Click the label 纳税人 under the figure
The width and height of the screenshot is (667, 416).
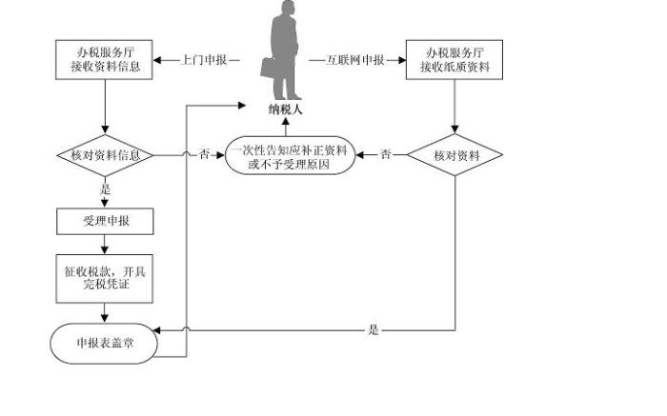[286, 110]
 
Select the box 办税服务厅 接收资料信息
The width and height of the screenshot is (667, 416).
[104, 59]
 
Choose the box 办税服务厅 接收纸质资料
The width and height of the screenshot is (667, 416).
[454, 59]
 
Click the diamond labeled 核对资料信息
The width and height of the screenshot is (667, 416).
[104, 154]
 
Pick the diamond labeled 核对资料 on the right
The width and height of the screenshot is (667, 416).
[455, 154]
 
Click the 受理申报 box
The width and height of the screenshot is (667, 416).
[104, 222]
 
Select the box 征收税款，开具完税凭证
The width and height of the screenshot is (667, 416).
[104, 277]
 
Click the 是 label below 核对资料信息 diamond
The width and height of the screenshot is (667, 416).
[104, 189]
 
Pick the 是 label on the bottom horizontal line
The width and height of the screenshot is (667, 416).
[373, 330]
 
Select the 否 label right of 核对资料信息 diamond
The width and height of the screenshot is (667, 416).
[204, 154]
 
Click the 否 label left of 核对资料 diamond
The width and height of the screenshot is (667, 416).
[385, 154]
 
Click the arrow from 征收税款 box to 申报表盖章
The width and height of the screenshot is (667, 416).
[104, 312]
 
